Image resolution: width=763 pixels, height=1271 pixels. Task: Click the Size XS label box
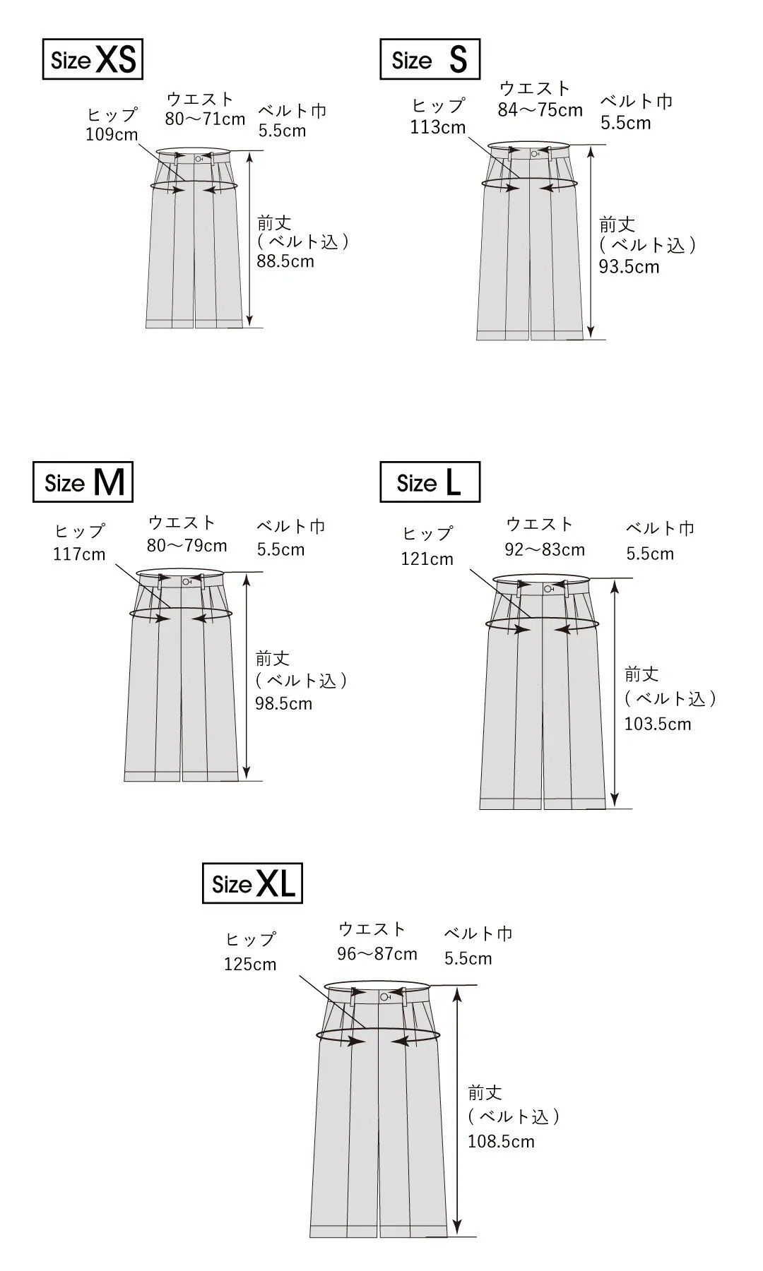(x=93, y=59)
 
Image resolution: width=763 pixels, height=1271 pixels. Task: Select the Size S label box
(x=430, y=59)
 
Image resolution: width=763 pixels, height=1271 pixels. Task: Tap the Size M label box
(x=83, y=482)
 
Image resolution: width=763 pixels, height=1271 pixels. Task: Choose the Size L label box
(x=430, y=482)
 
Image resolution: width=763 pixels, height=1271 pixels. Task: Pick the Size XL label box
(x=252, y=883)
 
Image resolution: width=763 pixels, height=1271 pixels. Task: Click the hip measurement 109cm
(x=112, y=135)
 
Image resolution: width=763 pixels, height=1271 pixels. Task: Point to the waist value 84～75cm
(x=540, y=110)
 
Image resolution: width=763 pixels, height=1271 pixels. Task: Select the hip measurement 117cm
(x=79, y=554)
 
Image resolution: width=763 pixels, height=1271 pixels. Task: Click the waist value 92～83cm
(x=545, y=549)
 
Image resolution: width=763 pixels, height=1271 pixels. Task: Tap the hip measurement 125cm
(x=250, y=965)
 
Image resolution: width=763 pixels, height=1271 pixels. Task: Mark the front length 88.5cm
(x=285, y=261)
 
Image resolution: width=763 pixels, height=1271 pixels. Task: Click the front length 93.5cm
(x=629, y=267)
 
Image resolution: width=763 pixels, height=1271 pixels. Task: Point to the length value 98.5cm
(x=283, y=703)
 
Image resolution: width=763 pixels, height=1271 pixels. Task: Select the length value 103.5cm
(x=658, y=724)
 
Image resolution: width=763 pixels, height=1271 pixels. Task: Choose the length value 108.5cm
(x=501, y=1141)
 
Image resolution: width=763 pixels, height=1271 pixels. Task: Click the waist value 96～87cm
(x=377, y=954)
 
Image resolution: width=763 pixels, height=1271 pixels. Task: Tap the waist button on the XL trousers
(x=384, y=997)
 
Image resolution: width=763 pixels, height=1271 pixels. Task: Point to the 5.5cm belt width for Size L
(x=650, y=554)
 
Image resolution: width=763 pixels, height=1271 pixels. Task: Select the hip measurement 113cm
(x=438, y=127)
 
